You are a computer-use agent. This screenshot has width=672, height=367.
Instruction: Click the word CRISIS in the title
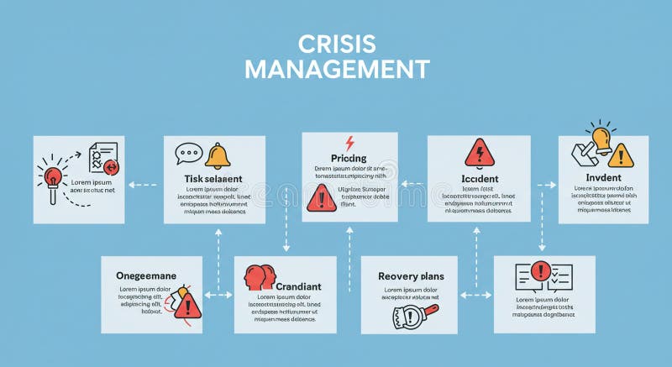(x=336, y=44)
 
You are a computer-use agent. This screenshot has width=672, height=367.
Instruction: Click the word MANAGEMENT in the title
(x=336, y=69)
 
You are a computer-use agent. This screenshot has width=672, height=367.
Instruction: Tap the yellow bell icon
(x=217, y=155)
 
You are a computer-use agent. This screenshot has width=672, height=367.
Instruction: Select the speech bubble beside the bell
(x=189, y=155)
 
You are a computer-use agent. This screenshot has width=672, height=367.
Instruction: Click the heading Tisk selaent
(x=213, y=178)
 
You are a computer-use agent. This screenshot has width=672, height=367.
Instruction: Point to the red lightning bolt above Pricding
(x=349, y=143)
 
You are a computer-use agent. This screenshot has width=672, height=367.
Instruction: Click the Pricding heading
(x=349, y=158)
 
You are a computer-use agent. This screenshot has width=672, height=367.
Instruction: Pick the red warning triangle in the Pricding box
(x=321, y=199)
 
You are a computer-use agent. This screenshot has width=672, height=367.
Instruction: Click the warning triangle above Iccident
(x=480, y=154)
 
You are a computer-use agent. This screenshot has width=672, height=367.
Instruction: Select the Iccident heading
(x=480, y=178)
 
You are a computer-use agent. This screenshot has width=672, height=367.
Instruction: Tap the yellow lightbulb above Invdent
(x=601, y=137)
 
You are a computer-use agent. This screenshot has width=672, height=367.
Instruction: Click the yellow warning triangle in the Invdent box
(x=621, y=155)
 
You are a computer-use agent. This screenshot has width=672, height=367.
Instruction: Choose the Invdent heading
(x=603, y=177)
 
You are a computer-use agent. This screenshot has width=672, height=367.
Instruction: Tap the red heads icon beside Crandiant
(x=260, y=278)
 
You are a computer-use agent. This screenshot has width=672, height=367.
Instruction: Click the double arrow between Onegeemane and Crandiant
(x=218, y=295)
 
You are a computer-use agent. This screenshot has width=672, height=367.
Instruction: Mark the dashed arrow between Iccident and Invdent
(x=546, y=184)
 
